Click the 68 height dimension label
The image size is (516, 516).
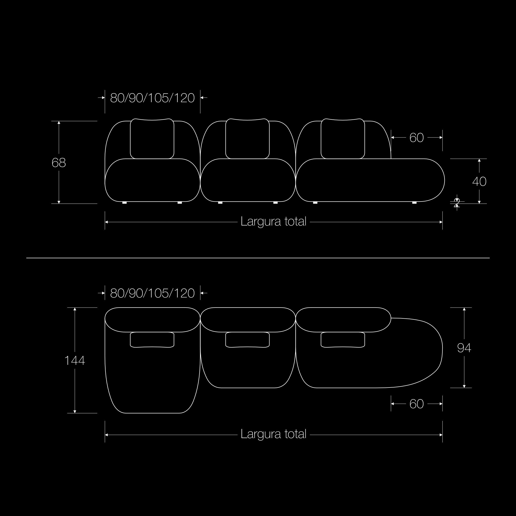tap(59, 163)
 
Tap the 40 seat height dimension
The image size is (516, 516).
tap(479, 182)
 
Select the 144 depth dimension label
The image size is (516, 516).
tap(75, 361)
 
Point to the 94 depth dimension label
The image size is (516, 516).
tap(464, 348)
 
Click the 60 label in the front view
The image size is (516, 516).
tap(416, 138)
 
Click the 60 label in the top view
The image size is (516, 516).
tap(416, 404)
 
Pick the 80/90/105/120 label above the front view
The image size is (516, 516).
tap(152, 98)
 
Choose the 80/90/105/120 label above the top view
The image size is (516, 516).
tap(152, 293)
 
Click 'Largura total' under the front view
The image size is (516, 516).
tap(273, 222)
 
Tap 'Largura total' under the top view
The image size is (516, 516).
tap(273, 434)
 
